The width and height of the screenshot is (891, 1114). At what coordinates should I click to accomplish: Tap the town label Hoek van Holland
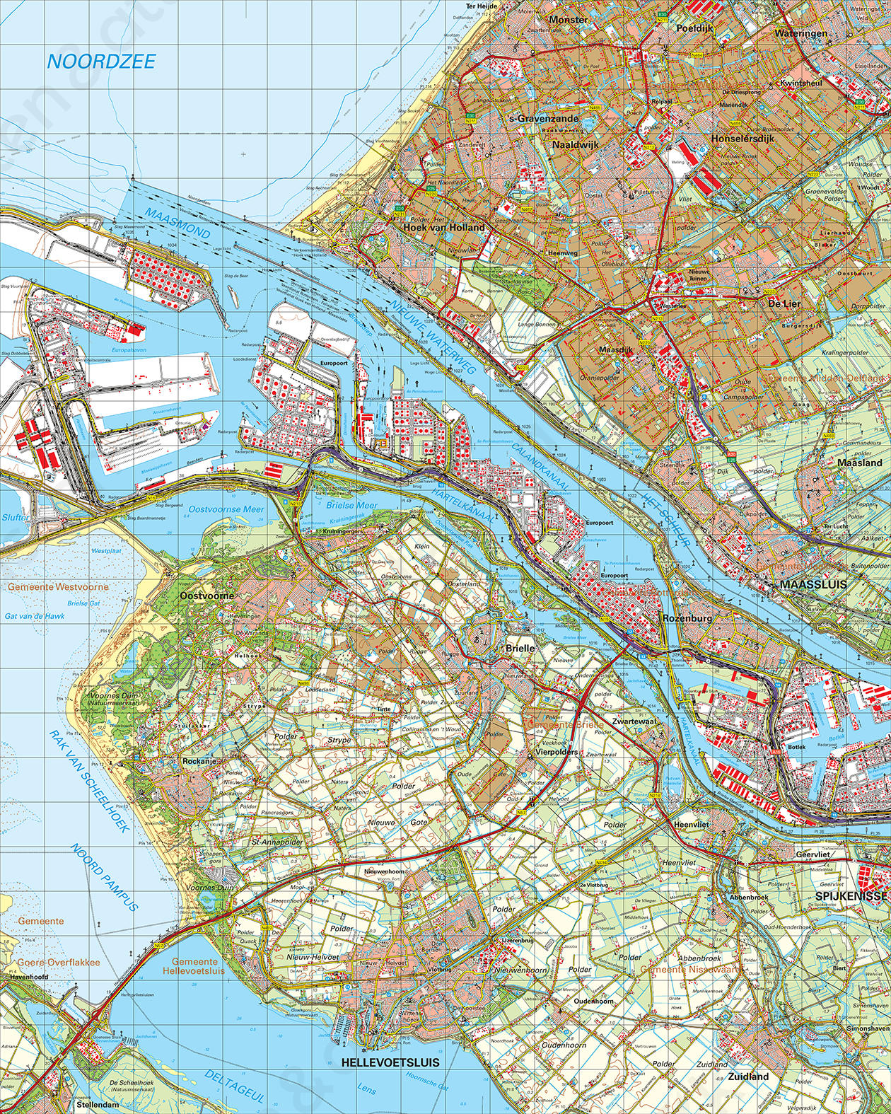click(444, 228)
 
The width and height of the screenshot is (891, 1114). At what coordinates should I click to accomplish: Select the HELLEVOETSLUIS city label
click(390, 1062)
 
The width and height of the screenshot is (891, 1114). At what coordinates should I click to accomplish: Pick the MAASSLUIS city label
click(813, 586)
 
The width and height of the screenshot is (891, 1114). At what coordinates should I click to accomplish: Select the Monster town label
click(568, 20)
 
